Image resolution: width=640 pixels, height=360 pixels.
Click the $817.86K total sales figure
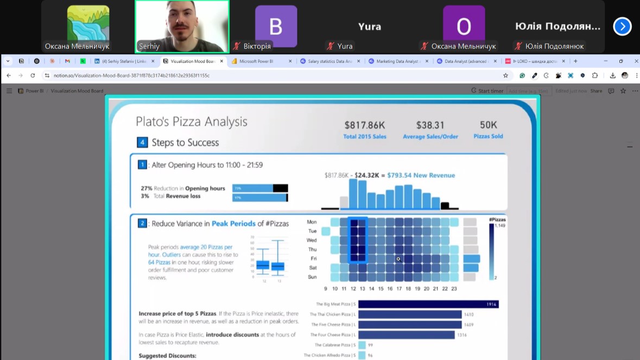(364, 126)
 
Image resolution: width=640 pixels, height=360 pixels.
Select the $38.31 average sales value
(430, 126)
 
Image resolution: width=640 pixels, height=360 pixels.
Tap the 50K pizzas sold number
(488, 125)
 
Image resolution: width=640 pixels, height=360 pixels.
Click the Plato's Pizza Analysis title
(191, 122)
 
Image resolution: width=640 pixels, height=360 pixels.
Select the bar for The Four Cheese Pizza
(406, 335)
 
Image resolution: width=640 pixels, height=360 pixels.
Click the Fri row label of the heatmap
(313, 259)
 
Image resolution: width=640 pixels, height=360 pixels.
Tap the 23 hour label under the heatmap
(454, 289)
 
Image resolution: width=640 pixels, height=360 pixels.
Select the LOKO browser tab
(535, 61)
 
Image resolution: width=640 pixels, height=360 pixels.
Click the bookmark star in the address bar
(505, 75)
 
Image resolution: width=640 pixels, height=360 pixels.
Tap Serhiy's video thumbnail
(182, 26)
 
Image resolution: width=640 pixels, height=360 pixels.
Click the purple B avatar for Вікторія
(276, 26)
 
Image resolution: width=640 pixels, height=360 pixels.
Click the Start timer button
(487, 91)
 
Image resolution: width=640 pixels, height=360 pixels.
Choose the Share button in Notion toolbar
(596, 91)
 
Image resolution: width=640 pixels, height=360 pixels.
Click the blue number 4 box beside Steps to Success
(142, 143)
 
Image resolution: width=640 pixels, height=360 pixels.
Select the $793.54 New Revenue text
(421, 175)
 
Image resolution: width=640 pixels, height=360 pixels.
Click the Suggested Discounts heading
(167, 356)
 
